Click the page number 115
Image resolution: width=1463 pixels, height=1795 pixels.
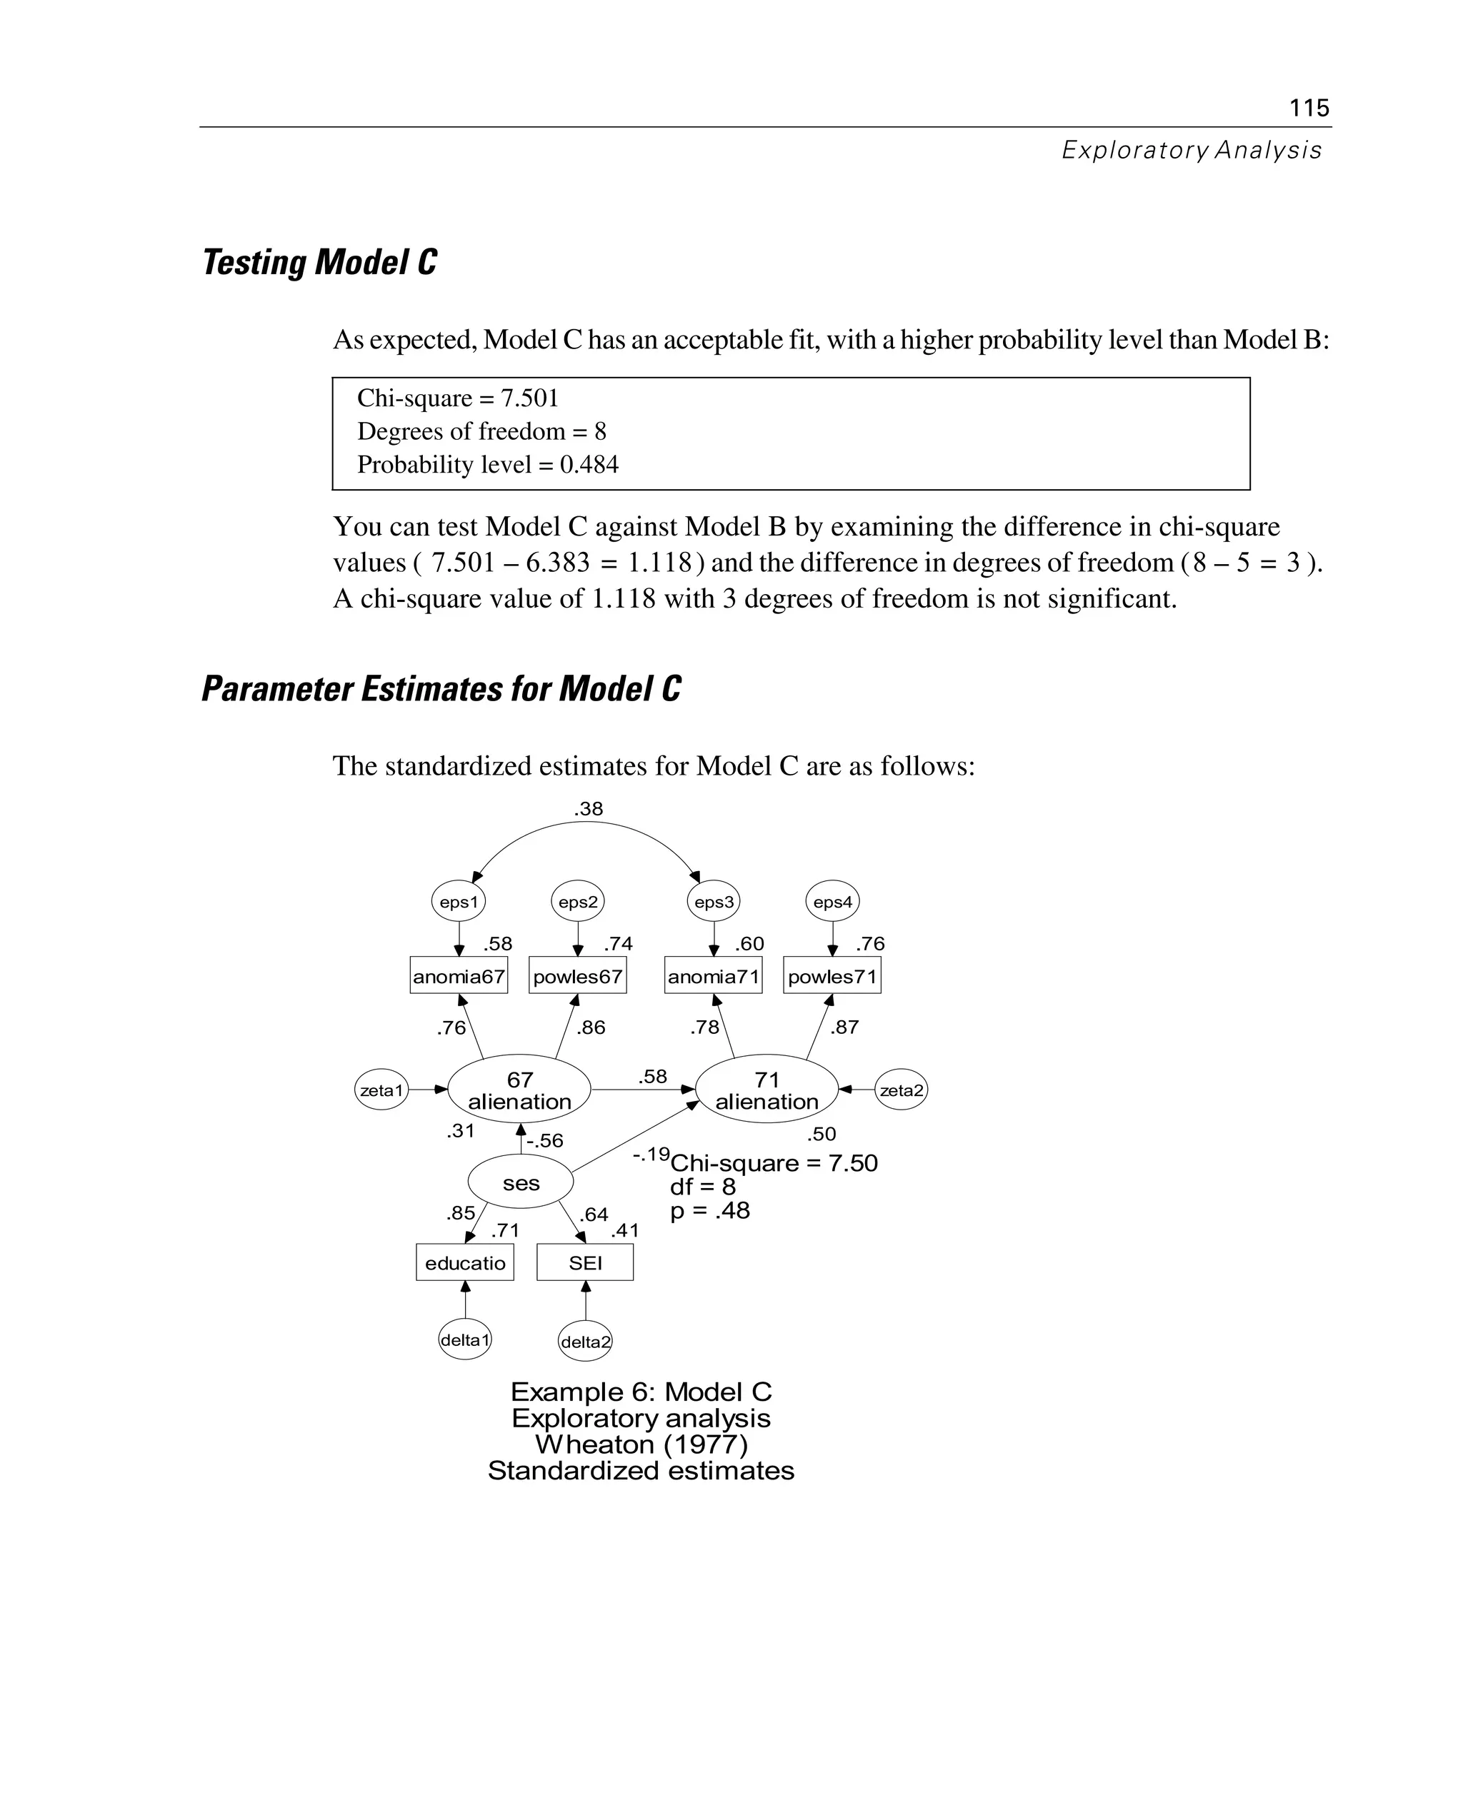(1309, 108)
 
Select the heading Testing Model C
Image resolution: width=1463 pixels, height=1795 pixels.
(319, 262)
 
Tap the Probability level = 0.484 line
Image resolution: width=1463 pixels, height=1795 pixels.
(487, 464)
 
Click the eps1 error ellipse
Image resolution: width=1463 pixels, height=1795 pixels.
(459, 902)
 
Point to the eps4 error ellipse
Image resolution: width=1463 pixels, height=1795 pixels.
(833, 902)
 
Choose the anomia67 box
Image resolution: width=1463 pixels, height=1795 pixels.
(459, 976)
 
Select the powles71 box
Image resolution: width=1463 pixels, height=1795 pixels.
(832, 976)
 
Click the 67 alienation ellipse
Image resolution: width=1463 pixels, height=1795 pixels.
(519, 1090)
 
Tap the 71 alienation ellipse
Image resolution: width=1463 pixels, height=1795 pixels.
(766, 1090)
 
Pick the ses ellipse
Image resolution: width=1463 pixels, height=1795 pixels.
(521, 1182)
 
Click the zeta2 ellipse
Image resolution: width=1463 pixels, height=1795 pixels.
(901, 1090)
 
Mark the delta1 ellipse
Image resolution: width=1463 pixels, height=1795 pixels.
(465, 1339)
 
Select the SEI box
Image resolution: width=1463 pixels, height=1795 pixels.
(585, 1262)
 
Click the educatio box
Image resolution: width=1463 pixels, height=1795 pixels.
(465, 1262)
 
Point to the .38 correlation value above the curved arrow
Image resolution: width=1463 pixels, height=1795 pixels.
(588, 809)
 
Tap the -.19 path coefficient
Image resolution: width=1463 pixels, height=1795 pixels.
(651, 1154)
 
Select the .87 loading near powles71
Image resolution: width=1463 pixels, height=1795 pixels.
(844, 1027)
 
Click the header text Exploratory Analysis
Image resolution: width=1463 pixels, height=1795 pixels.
(1191, 150)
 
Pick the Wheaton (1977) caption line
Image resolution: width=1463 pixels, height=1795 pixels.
(641, 1444)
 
